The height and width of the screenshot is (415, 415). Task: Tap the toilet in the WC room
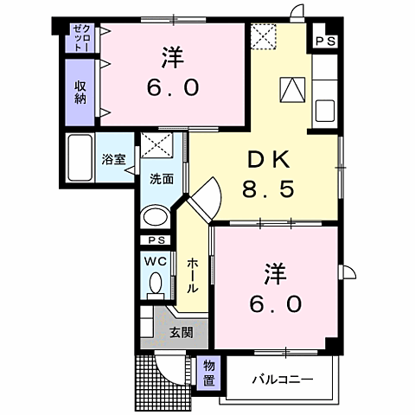156,284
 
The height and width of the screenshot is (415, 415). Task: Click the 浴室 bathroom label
112,159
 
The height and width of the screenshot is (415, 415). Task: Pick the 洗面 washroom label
161,180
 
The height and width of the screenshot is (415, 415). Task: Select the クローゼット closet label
80,40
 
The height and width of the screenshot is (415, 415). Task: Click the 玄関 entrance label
181,332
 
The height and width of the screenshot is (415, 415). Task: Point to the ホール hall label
191,275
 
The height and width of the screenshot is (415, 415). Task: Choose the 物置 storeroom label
208,373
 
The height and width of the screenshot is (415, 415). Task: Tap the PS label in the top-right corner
324,41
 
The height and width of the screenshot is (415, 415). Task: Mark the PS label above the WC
156,239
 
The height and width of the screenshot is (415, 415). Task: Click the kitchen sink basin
326,111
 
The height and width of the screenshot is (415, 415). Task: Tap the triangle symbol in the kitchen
292,90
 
